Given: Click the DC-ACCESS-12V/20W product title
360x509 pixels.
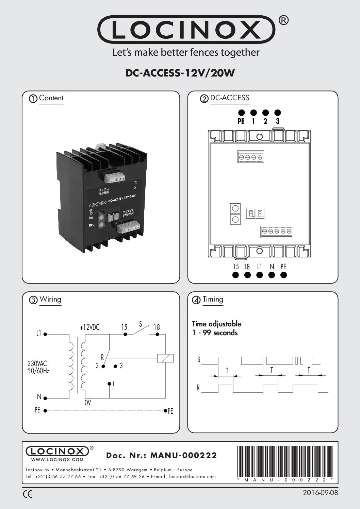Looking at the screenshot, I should click(180, 73).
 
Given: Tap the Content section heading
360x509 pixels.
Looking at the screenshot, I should click(51, 98).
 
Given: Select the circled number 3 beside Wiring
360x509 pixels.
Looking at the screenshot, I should click(33, 300).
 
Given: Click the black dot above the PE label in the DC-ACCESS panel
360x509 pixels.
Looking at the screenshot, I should click(241, 113).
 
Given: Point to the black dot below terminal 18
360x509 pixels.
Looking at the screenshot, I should click(247, 275).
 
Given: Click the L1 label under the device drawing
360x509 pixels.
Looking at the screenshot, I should click(259, 267).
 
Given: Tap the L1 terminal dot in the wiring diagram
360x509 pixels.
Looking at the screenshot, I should click(45, 334).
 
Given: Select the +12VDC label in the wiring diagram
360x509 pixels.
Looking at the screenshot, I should click(89, 327).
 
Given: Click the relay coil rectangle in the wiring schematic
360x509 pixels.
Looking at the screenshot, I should click(165, 358).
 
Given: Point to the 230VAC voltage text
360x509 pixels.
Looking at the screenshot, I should click(37, 363).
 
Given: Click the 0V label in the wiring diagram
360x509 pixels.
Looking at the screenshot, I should click(88, 403).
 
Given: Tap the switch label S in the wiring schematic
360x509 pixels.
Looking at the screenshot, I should click(140, 323).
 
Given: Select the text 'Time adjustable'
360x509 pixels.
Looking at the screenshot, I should click(216, 324).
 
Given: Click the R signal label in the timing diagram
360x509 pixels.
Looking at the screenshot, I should click(198, 388).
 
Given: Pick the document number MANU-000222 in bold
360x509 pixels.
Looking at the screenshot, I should click(183, 455).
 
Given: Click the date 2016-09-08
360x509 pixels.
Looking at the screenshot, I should click(320, 493).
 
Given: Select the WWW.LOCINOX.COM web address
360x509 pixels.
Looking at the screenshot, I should click(57, 459).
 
